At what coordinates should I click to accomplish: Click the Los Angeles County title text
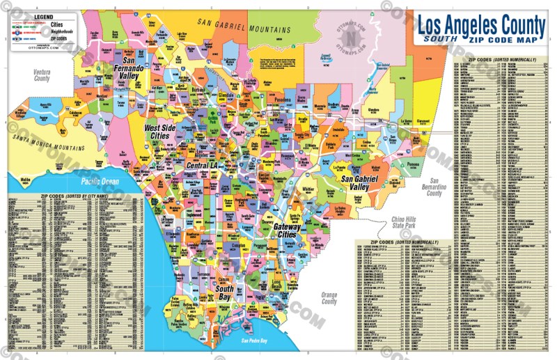click(x=481, y=25)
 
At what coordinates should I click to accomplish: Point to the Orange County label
click(x=329, y=298)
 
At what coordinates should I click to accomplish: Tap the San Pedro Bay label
click(x=255, y=341)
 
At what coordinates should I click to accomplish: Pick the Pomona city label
click(x=413, y=166)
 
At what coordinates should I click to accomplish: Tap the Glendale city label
click(x=226, y=96)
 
